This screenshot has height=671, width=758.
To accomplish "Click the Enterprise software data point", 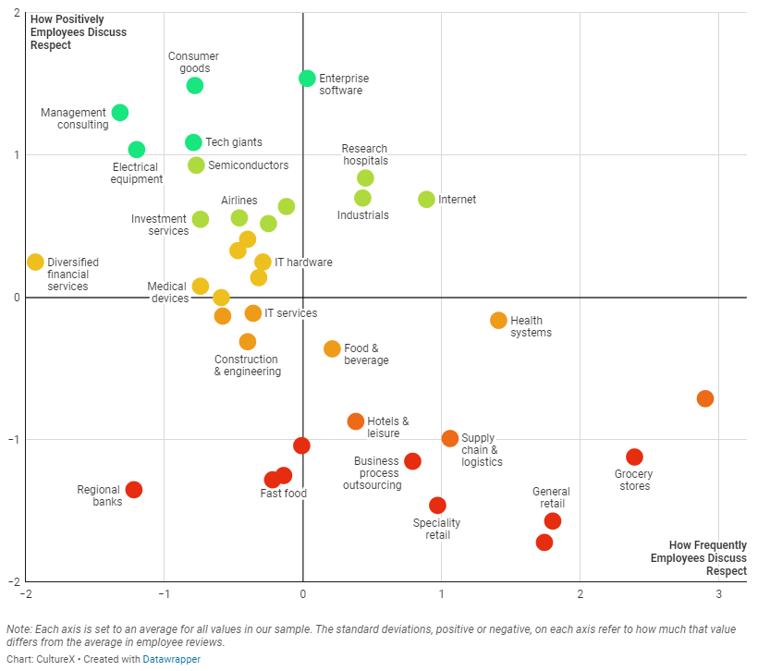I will (307, 79).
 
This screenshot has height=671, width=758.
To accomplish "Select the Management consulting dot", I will (119, 113).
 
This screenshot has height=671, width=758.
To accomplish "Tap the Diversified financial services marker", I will (35, 262).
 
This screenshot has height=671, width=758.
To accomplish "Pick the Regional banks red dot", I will (133, 490).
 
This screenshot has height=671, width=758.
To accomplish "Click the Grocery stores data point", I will (634, 457).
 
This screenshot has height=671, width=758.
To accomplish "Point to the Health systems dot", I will (498, 321).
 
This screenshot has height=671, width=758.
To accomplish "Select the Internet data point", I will (426, 200).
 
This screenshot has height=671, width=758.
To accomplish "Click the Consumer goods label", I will (194, 62).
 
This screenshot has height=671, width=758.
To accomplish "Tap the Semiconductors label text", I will (248, 165).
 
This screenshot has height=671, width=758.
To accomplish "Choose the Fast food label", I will (283, 494).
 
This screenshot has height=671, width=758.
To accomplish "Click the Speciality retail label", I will (436, 529).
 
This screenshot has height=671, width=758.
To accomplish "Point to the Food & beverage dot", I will (332, 348).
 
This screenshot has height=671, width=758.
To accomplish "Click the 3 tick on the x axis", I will (718, 594).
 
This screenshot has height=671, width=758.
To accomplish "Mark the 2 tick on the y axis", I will (17, 13).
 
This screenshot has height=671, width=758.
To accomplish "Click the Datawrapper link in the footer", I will (171, 659).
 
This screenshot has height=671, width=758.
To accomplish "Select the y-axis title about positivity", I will (78, 31).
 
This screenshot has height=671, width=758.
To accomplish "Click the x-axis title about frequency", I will (698, 558).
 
